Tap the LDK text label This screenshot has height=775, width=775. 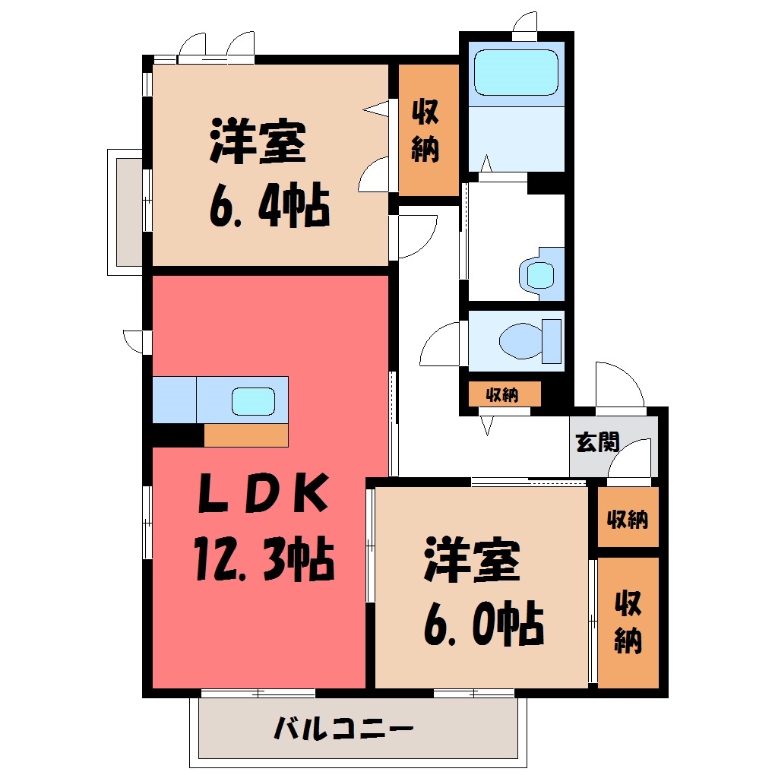click(x=264, y=493)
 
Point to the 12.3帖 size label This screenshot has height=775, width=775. click(x=264, y=558)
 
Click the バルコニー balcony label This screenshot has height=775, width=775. click(x=343, y=728)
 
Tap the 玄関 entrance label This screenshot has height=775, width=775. click(x=597, y=441)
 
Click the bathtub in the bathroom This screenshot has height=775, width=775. click(x=516, y=72)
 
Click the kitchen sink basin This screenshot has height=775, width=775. click(x=253, y=401)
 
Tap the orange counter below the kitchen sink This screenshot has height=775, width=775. click(x=246, y=435)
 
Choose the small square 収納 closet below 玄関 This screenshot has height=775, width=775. click(x=628, y=517)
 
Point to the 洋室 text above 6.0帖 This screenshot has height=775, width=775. click(x=472, y=561)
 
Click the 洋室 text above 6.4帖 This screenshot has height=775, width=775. click(x=258, y=141)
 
